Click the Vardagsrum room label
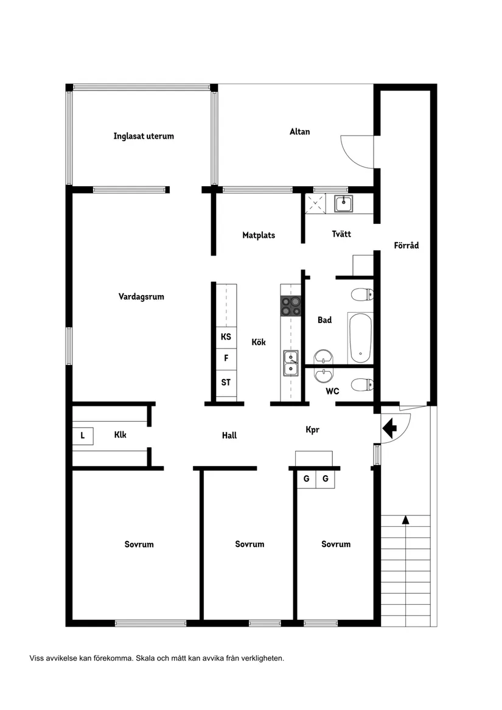click(x=141, y=297)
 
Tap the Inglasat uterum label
click(x=144, y=136)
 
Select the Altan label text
click(x=299, y=131)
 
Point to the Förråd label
click(x=406, y=246)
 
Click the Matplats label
click(x=259, y=235)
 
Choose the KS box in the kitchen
click(x=226, y=336)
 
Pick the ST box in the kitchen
click(x=226, y=383)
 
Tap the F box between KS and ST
click(x=226, y=359)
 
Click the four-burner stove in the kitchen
click(x=290, y=306)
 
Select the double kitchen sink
click(x=290, y=363)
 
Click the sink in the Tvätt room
click(x=344, y=203)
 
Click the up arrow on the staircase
click(x=405, y=520)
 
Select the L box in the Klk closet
click(x=83, y=436)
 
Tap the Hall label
click(x=229, y=436)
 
